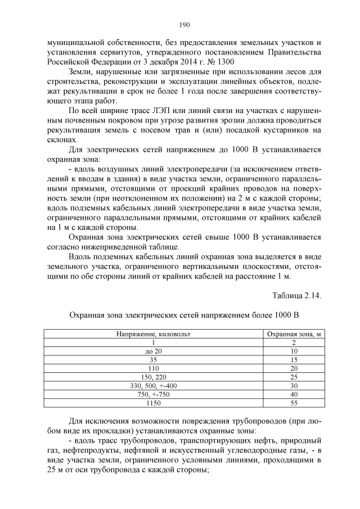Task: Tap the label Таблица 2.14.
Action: (x=296, y=295)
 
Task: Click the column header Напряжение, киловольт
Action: (x=154, y=334)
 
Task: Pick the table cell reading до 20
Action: (x=154, y=351)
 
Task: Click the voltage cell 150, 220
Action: (x=154, y=377)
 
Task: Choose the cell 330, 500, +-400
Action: (x=154, y=386)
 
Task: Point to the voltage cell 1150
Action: (x=154, y=403)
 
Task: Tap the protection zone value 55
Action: (x=294, y=403)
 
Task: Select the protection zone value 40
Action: (x=294, y=394)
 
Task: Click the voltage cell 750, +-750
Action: (x=154, y=394)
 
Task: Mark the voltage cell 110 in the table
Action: (x=154, y=368)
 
